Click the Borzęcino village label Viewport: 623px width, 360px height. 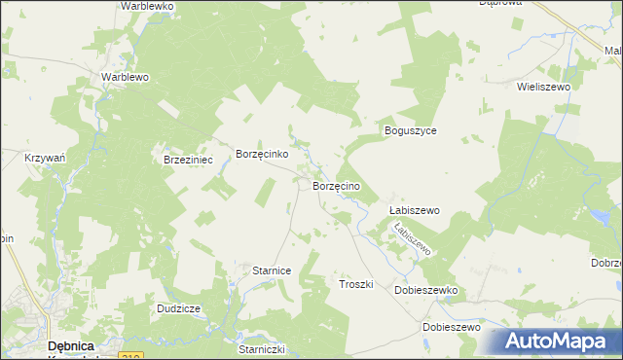click(x=337, y=185)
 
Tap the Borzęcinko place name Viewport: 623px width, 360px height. click(x=262, y=154)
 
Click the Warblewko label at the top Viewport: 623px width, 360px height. click(x=147, y=6)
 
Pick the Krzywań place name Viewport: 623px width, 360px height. click(x=45, y=156)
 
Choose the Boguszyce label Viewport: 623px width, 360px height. click(x=411, y=130)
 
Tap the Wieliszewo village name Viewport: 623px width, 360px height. click(x=549, y=86)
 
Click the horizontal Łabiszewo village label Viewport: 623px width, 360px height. click(x=415, y=210)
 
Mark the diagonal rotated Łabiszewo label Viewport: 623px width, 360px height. click(x=411, y=239)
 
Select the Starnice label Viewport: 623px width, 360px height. click(x=272, y=270)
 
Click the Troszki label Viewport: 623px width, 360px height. click(x=356, y=283)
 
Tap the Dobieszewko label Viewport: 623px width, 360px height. click(x=425, y=290)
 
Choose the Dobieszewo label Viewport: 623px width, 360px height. click(x=453, y=327)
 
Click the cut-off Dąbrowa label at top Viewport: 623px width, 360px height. click(x=501, y=3)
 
